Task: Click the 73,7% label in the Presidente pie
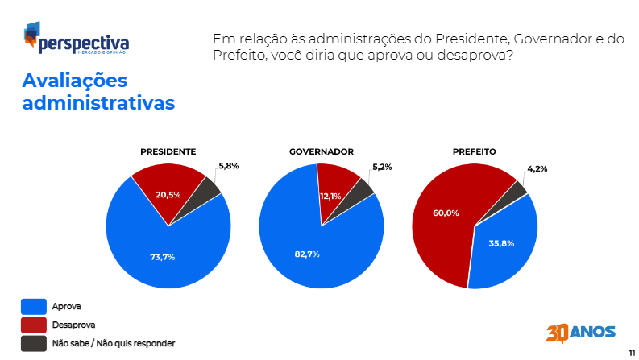[162, 257]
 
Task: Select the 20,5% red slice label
[168, 195]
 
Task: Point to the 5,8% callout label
[229, 165]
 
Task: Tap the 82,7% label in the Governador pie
[307, 254]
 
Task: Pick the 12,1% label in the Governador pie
[330, 196]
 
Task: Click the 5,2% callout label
[382, 167]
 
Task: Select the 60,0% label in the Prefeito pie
[446, 213]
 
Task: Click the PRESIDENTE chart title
[168, 151]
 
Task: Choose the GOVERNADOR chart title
[322, 151]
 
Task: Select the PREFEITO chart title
[474, 151]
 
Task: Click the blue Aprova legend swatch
[33, 306]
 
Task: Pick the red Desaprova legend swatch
[33, 325]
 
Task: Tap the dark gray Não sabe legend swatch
[33, 343]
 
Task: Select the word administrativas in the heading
[98, 104]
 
